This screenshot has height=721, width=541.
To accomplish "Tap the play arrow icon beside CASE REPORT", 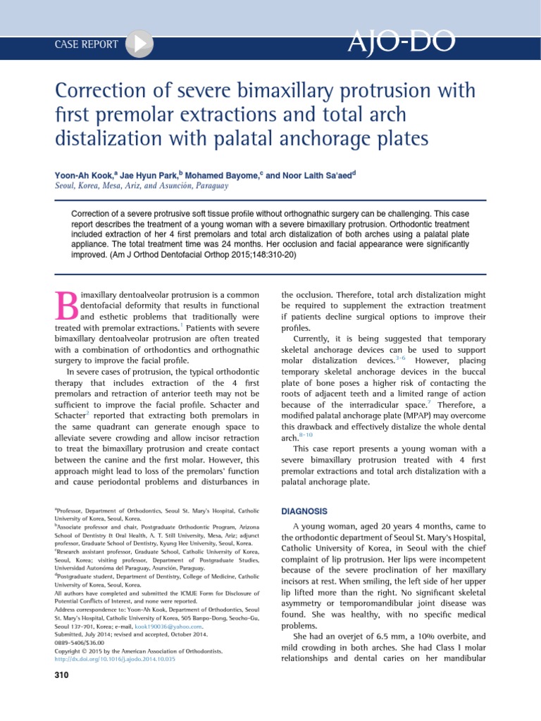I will click(x=139, y=44).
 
